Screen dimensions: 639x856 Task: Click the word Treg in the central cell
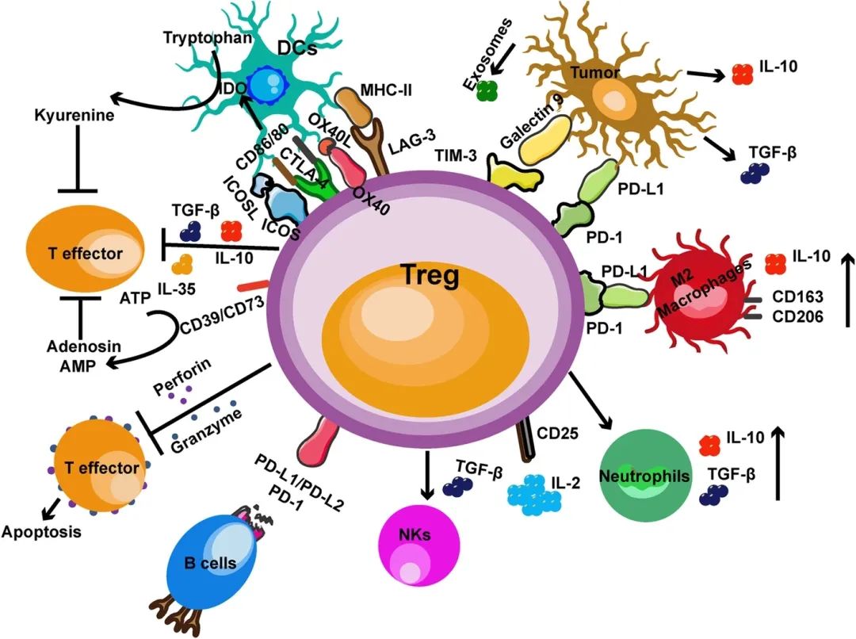[x=427, y=277]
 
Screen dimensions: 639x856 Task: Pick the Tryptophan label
[x=197, y=37]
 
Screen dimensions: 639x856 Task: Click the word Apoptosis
[x=40, y=532]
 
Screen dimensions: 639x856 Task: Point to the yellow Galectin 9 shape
[x=541, y=143]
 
